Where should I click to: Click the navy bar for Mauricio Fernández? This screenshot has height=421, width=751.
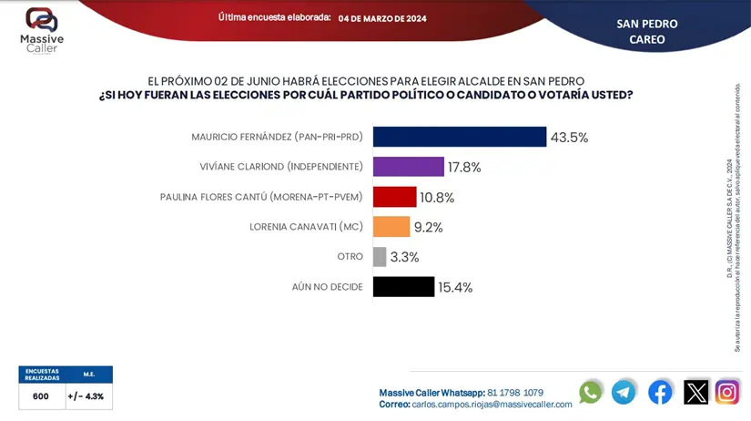(460, 137)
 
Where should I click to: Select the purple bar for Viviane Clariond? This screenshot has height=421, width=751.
(408, 167)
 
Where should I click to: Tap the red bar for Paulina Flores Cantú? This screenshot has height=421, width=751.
(394, 197)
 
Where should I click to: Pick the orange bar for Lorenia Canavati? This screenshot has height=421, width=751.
(391, 227)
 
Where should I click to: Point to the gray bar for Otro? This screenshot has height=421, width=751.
(380, 257)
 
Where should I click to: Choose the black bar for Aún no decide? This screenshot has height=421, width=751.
(403, 287)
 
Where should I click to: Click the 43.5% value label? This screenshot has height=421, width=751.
(569, 138)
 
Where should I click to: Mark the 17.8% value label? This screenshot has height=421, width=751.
(464, 168)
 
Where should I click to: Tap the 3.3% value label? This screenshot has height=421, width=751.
(404, 258)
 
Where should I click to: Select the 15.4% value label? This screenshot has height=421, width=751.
(455, 288)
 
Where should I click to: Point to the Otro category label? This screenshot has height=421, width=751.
(350, 257)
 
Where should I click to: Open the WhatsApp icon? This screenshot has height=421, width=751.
(591, 392)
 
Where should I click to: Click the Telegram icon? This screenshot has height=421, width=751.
(624, 392)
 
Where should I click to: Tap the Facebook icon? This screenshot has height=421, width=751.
(660, 392)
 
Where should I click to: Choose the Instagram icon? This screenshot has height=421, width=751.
(727, 392)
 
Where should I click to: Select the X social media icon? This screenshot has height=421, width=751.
(695, 392)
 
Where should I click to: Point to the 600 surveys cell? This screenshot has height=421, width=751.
(41, 396)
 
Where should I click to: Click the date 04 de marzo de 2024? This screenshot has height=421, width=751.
(382, 18)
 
